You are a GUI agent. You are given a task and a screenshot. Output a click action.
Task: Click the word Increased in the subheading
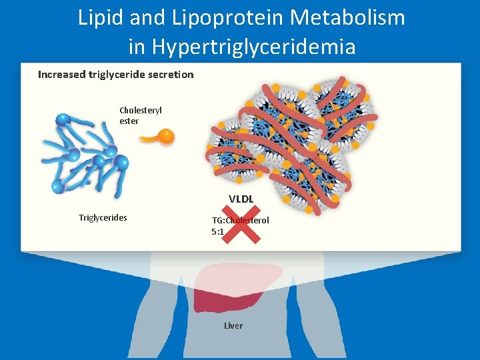pyautogui.click(x=62, y=75)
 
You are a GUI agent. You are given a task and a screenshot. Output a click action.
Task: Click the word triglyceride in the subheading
pyautogui.click(x=117, y=75)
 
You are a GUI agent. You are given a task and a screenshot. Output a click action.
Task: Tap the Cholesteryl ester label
pyautogui.click(x=141, y=115)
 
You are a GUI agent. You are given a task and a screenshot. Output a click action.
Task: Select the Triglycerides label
pyautogui.click(x=103, y=217)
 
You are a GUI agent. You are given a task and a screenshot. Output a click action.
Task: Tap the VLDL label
pyautogui.click(x=241, y=199)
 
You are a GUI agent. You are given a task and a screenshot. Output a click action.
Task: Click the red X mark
pyautogui.click(x=239, y=223)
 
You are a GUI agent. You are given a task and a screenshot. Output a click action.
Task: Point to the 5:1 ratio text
pyautogui.click(x=217, y=232)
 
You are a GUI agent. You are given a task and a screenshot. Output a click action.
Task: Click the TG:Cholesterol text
pyautogui.click(x=241, y=220)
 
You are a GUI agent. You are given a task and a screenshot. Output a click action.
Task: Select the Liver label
pyautogui.click(x=233, y=325)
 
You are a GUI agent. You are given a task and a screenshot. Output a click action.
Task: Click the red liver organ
pyautogui.click(x=233, y=287)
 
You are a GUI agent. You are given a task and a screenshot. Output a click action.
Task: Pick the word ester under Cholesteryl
pyautogui.click(x=129, y=121)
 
